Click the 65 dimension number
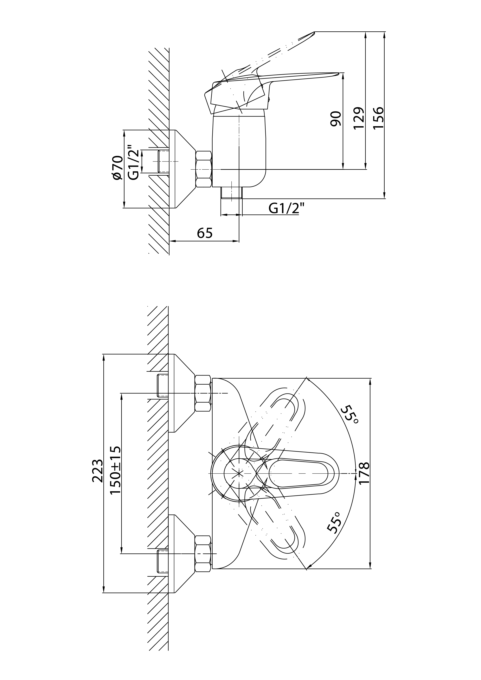tap(205, 233)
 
